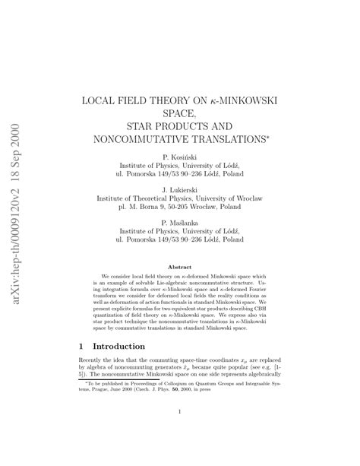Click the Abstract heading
point(179,267)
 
